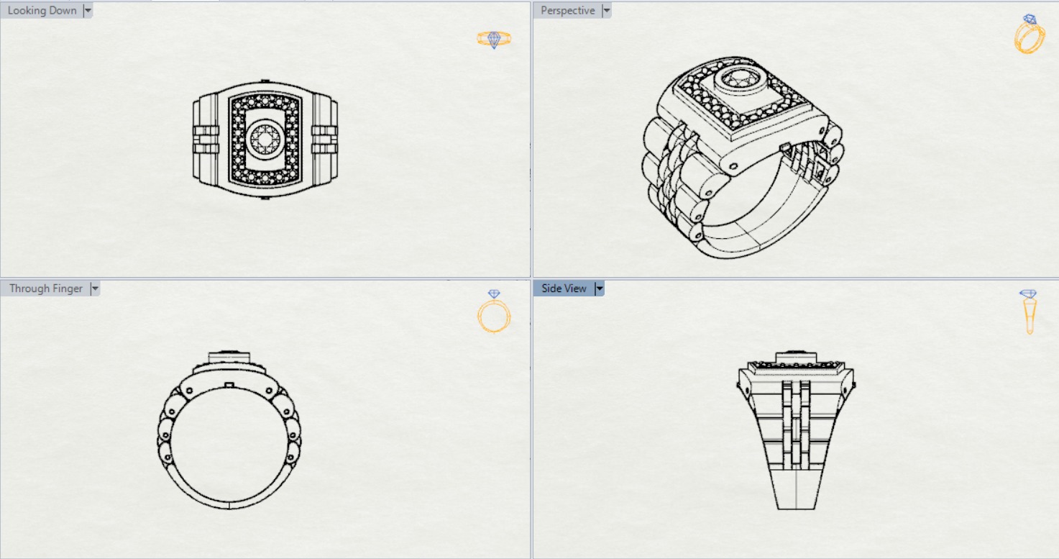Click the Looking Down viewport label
(42, 11)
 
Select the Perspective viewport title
(567, 11)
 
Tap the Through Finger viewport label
(45, 288)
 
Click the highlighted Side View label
(564, 288)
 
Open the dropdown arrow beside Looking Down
(88, 11)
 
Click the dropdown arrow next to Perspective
(606, 11)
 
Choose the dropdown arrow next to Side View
(600, 288)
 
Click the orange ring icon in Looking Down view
(494, 39)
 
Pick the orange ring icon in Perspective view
(1030, 35)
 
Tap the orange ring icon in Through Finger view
(494, 314)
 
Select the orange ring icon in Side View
(1029, 311)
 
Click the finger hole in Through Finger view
(229, 446)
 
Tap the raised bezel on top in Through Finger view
(229, 358)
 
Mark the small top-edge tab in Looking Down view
(265, 80)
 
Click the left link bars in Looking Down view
(205, 139)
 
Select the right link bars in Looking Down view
(324, 139)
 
